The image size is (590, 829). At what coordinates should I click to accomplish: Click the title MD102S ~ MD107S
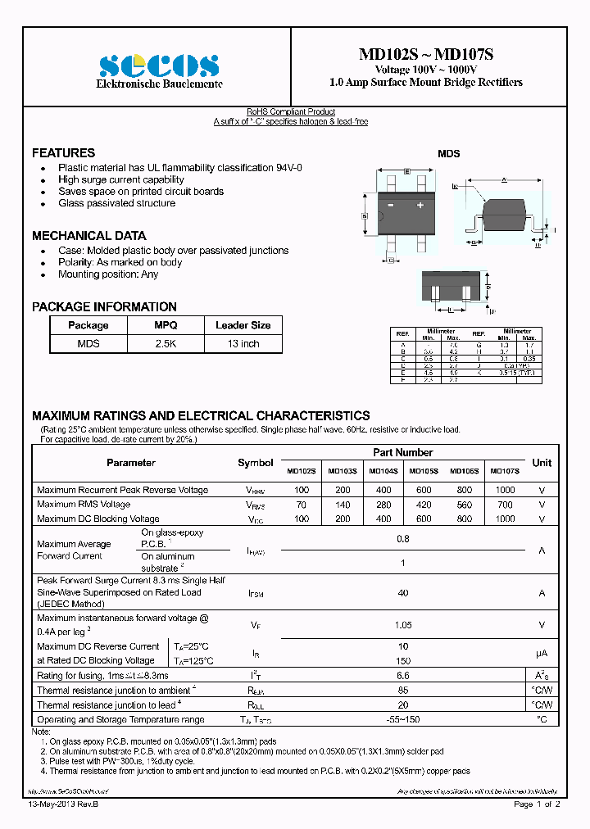point(425,55)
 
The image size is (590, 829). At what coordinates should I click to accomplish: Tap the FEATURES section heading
point(63,153)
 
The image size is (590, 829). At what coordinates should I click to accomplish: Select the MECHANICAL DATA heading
point(88,235)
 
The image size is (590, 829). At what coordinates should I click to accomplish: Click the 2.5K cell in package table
point(166,344)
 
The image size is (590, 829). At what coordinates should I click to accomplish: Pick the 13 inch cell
point(243,344)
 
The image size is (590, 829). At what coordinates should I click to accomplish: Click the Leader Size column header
point(243,325)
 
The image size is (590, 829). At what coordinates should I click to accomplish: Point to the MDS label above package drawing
point(448,153)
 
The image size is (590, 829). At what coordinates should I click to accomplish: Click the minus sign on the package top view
point(391,205)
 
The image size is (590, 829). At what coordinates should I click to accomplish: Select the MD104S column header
point(383,471)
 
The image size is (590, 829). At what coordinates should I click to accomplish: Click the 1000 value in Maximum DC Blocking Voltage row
point(505,519)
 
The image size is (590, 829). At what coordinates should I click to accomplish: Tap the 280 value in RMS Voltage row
point(383,505)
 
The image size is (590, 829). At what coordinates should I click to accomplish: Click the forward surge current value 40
point(402,592)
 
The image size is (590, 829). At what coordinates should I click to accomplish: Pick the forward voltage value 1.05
point(402,625)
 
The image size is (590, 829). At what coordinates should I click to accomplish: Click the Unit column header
point(542,463)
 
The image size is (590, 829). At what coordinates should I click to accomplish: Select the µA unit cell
point(542,653)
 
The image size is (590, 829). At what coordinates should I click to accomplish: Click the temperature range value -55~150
point(402,719)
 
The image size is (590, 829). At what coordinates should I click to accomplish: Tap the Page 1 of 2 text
point(537,805)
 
